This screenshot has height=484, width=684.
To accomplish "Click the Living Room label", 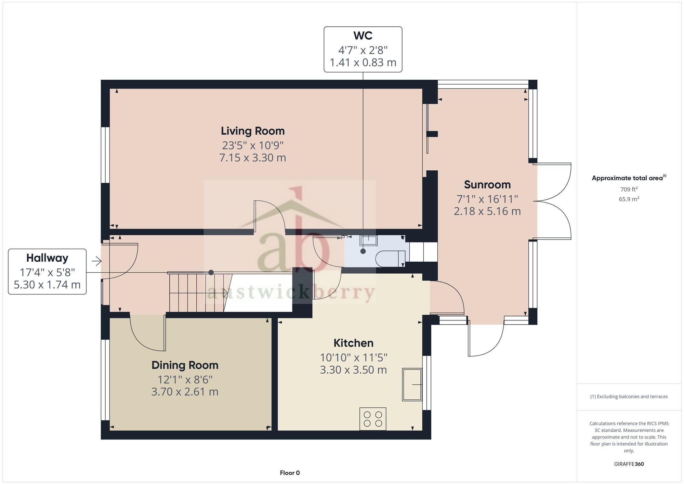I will (x=252, y=131).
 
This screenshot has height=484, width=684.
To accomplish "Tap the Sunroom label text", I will (x=487, y=185).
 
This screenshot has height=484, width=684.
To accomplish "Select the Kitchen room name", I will (x=353, y=343).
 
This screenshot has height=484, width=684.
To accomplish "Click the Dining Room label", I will (x=185, y=365).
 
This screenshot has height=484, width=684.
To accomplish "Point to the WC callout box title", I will (x=363, y=36).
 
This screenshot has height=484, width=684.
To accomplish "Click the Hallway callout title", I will (x=47, y=258).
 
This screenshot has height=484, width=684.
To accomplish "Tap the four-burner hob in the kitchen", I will (x=372, y=419).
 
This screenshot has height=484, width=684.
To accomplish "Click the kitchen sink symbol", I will (x=412, y=384).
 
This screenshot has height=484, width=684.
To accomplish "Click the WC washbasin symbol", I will (x=368, y=240).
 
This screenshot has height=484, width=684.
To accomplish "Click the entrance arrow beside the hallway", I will (x=96, y=262).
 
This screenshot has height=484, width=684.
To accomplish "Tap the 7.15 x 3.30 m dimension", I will (x=252, y=158).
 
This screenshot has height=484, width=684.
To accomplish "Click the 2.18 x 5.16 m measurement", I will (x=487, y=211).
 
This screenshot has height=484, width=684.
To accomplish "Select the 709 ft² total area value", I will (x=629, y=189).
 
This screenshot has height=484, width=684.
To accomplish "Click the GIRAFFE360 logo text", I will (x=629, y=464).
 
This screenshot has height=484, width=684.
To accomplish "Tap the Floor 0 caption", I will (x=290, y=473).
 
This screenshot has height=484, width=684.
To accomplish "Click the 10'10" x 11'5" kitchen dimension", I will (x=353, y=358).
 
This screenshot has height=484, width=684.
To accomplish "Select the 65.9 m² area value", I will (x=629, y=199).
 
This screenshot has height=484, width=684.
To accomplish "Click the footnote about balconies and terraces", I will (x=629, y=397).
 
